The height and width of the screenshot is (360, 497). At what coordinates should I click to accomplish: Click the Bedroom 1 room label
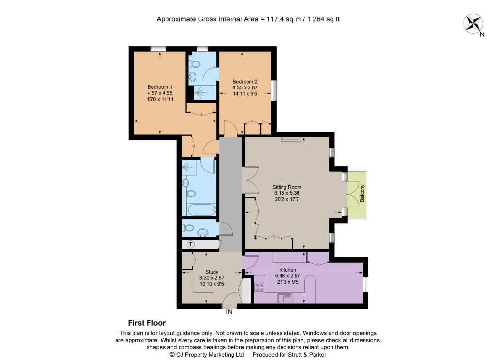(160, 87)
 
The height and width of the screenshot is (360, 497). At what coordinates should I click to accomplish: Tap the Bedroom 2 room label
(245, 82)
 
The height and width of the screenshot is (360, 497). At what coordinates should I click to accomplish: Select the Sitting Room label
(287, 187)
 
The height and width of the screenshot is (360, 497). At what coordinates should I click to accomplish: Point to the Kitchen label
(287, 270)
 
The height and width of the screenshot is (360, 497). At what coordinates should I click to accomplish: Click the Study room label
(212, 272)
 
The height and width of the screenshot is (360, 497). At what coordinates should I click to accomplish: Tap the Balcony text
(362, 193)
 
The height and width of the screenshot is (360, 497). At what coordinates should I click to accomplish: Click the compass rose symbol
(473, 23)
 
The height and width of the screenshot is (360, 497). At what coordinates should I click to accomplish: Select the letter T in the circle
(191, 244)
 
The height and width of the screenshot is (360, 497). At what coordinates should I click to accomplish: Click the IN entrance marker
(229, 312)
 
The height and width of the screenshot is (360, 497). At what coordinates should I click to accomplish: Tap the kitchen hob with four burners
(259, 287)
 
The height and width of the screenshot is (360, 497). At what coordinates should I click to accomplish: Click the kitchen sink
(284, 298)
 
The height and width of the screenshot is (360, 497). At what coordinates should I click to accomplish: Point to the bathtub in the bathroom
(202, 210)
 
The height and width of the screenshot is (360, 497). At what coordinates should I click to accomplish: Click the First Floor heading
(147, 323)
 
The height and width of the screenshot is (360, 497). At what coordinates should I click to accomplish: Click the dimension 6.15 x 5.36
(287, 193)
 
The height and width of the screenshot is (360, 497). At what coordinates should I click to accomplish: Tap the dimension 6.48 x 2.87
(287, 276)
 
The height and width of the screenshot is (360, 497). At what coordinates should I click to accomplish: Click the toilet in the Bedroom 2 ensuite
(195, 65)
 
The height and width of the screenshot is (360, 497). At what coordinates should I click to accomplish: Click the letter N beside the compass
(482, 34)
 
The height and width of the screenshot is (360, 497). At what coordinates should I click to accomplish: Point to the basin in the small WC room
(202, 233)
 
